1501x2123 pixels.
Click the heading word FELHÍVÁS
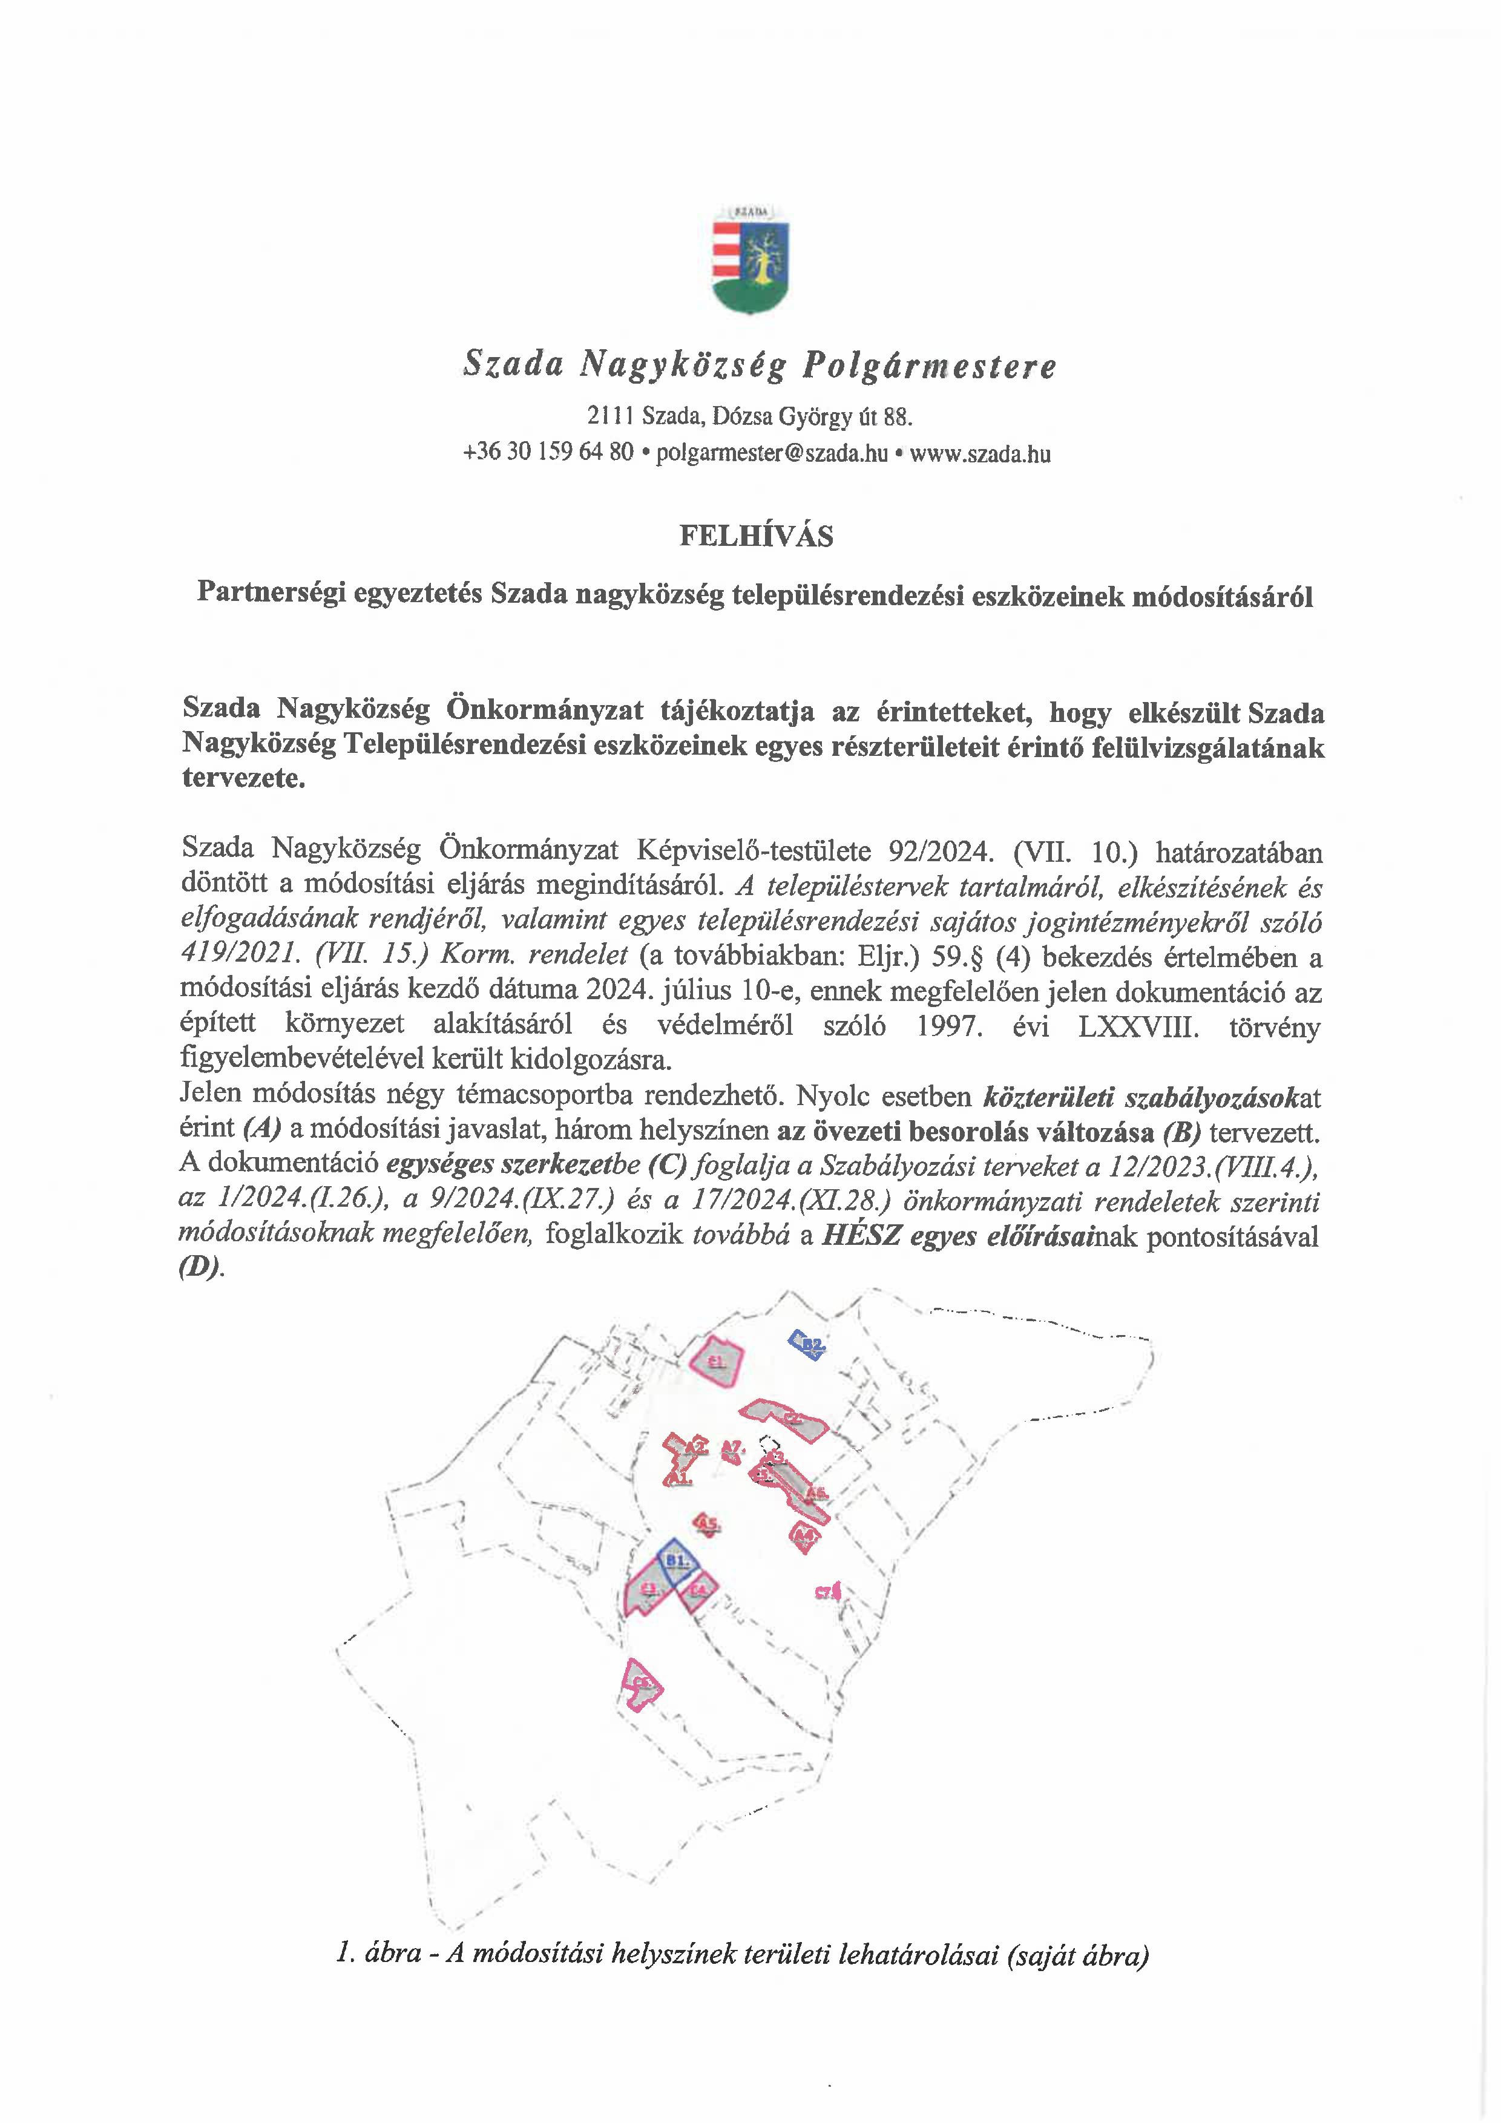pos(755,536)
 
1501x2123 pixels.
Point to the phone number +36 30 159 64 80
pos(548,453)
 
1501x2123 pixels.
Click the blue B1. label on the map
pos(680,1561)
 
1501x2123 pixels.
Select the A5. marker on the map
pos(708,1523)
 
